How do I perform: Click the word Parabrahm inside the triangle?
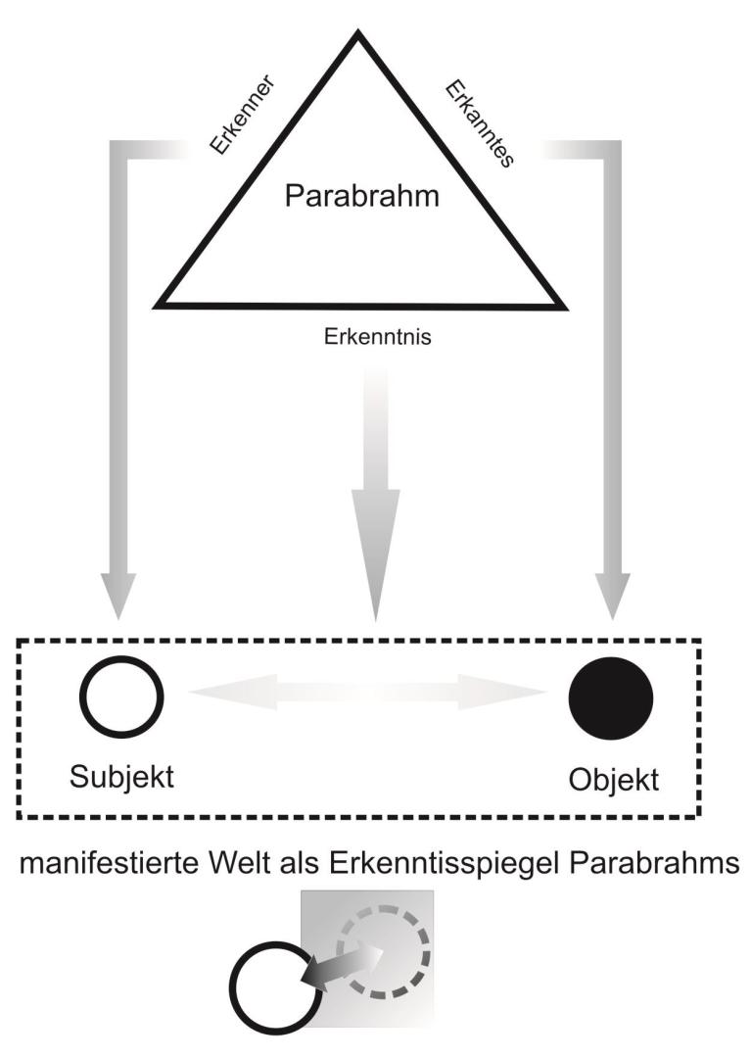(x=362, y=196)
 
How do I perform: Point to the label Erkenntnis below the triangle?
(x=377, y=336)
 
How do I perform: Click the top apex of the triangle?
(x=358, y=32)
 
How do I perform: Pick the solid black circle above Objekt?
(x=611, y=697)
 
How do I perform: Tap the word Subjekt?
(x=121, y=777)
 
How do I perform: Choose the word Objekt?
(x=614, y=780)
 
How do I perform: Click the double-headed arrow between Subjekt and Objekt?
(x=367, y=693)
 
